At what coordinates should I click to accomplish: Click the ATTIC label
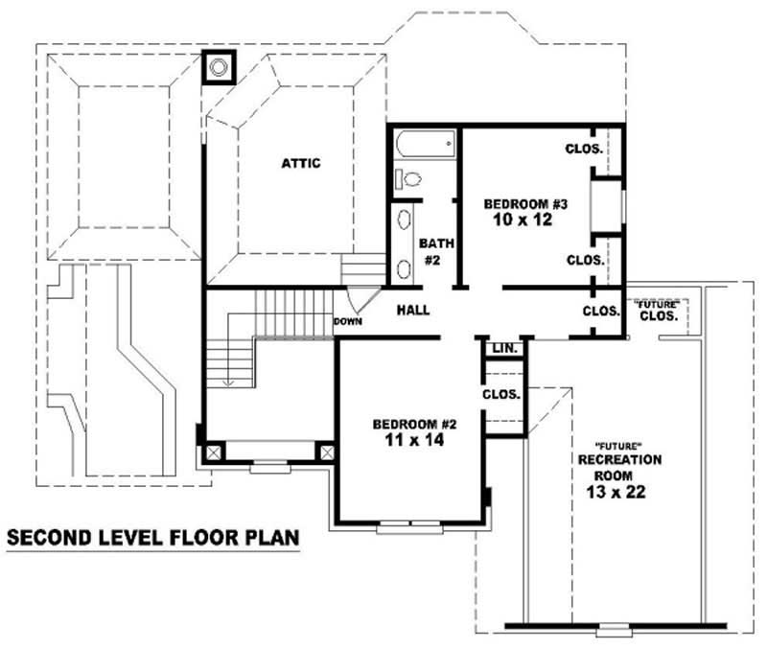click(300, 163)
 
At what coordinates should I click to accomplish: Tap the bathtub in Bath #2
click(423, 145)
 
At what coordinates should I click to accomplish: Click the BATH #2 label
click(429, 251)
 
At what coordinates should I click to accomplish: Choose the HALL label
click(413, 311)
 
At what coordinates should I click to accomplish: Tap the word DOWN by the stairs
click(347, 322)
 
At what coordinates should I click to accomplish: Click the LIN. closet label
click(504, 349)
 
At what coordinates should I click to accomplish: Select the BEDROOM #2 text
click(412, 424)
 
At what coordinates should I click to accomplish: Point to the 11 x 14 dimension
click(412, 441)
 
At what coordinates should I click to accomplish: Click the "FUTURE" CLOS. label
click(659, 311)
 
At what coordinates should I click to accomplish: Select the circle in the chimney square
click(220, 67)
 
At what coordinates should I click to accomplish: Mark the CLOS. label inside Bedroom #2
click(501, 394)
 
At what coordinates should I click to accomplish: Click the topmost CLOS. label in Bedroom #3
click(584, 149)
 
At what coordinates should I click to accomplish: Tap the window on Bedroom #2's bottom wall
click(409, 525)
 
